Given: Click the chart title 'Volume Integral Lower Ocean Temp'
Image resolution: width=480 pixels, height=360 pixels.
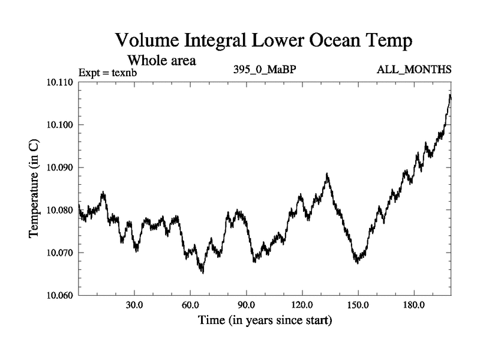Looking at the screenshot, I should [264, 42].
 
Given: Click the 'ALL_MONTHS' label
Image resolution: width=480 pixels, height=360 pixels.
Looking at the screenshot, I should [414, 70].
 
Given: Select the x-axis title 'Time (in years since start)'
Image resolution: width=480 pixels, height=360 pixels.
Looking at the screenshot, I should [265, 321].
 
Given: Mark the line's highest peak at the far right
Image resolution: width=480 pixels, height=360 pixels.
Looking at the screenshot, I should [450, 95].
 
